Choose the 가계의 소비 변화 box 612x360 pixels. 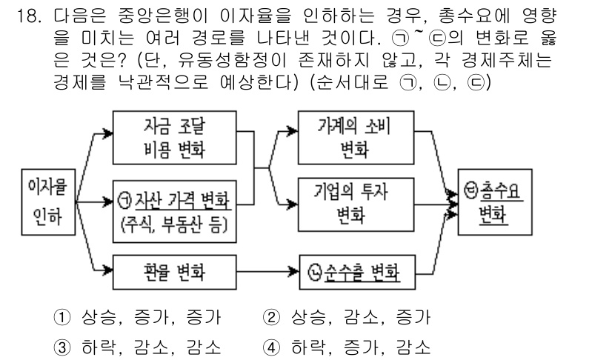354,138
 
